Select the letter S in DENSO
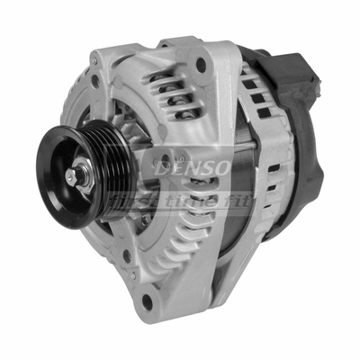199,168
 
